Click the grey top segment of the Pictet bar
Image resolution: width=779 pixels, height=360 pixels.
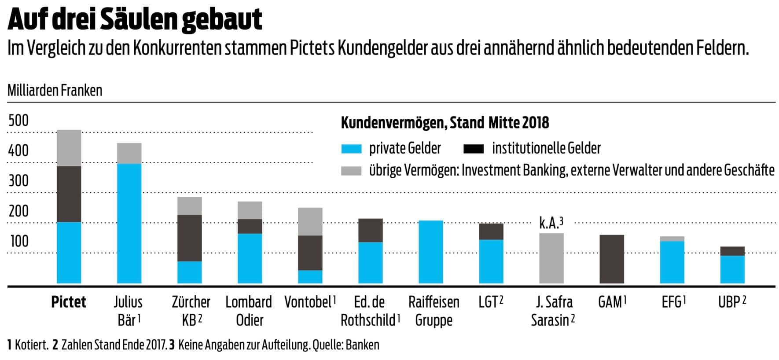click(x=69, y=148)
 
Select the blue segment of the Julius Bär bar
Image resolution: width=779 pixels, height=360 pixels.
click(x=129, y=223)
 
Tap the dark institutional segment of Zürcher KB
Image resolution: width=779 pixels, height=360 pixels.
click(x=189, y=238)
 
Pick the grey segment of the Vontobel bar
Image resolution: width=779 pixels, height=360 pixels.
click(x=310, y=221)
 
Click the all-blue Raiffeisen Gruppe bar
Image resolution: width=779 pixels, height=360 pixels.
click(x=431, y=252)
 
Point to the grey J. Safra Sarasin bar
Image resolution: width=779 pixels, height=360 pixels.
click(x=551, y=258)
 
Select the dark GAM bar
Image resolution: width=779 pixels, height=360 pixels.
click(x=612, y=259)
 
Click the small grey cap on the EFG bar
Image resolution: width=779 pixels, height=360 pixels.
click(x=672, y=239)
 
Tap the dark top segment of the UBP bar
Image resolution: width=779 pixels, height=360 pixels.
click(x=732, y=251)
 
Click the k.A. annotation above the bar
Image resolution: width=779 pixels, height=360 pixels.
click(x=551, y=223)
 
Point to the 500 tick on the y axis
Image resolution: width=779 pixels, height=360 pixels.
click(x=18, y=121)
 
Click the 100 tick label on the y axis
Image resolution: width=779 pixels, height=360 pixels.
click(x=18, y=241)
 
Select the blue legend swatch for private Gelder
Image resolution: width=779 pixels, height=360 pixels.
click(x=351, y=149)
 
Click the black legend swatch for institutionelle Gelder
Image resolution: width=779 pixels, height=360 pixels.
click(x=474, y=149)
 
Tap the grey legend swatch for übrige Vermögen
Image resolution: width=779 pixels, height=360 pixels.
click(x=351, y=171)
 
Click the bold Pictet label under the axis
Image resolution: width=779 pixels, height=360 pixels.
click(x=69, y=302)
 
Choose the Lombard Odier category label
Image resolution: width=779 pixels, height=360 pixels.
click(x=249, y=311)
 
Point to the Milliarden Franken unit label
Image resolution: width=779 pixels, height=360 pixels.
click(x=55, y=91)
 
